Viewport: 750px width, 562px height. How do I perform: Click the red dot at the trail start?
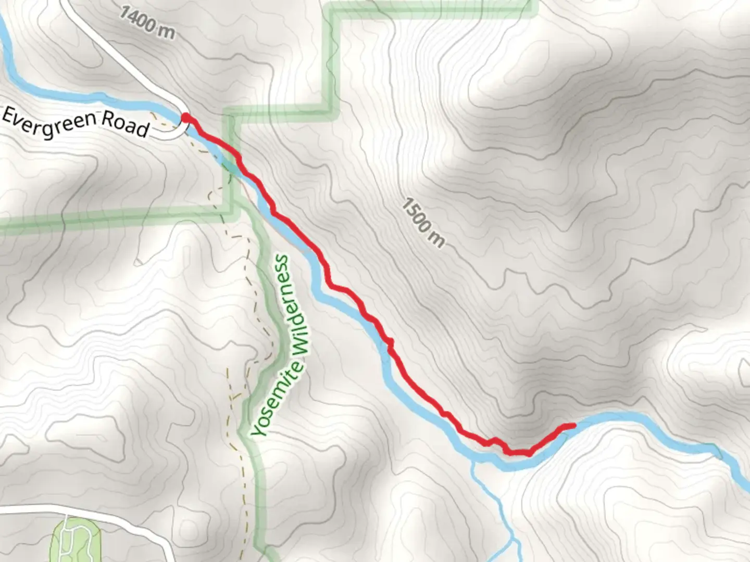(x=185, y=119)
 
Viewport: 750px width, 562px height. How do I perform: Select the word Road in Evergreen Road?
(x=126, y=125)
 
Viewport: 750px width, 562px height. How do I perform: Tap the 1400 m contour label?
(x=147, y=22)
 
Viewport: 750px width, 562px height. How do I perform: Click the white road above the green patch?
(x=104, y=513)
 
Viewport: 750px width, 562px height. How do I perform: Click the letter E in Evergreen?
(x=9, y=114)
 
